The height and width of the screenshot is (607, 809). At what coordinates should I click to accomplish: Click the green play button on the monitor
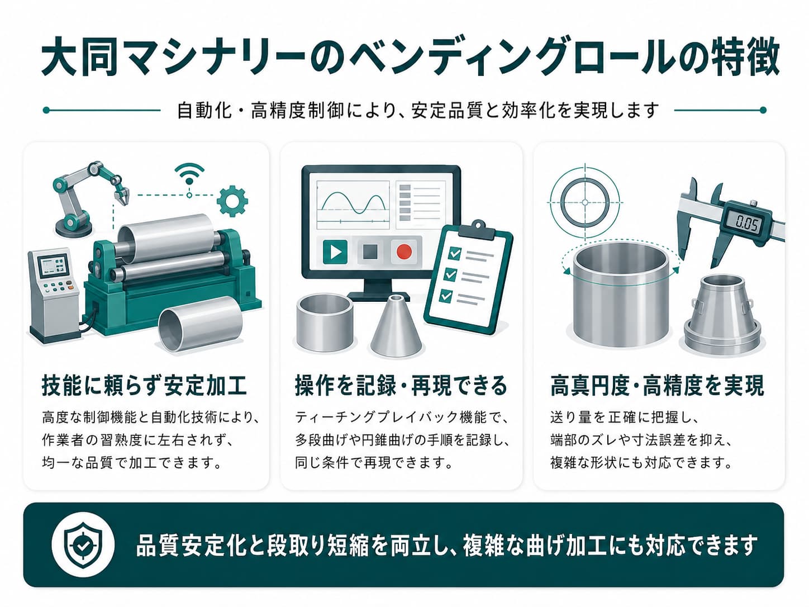tap(335, 252)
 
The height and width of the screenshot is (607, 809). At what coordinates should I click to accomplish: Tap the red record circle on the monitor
tap(404, 252)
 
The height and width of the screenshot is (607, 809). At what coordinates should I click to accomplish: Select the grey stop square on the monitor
tap(370, 252)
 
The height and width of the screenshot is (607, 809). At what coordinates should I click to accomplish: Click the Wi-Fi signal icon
tap(189, 174)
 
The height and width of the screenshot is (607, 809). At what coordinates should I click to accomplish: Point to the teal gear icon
tap(232, 201)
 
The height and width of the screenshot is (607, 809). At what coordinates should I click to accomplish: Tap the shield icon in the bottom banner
tap(83, 544)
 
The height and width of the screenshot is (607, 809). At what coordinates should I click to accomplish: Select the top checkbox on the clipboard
tap(455, 253)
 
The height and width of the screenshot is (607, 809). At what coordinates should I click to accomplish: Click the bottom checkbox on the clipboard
tap(446, 296)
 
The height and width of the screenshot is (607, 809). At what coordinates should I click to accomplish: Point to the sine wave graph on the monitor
tap(353, 205)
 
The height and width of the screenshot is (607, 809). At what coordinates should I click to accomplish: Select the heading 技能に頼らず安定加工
tap(144, 386)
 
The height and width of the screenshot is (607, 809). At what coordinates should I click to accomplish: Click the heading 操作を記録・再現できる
tap(401, 386)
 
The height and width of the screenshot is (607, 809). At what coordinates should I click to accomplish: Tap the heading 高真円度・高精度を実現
tap(657, 386)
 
